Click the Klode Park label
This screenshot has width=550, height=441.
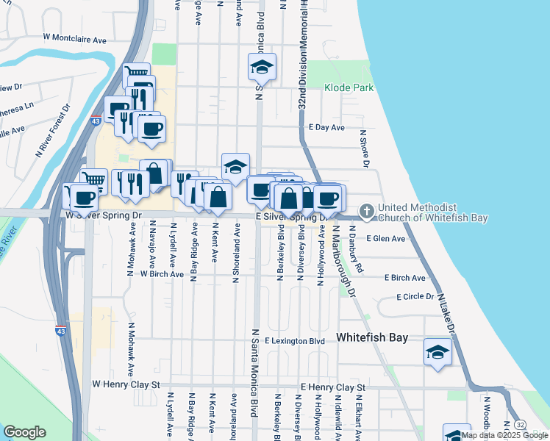click(x=349, y=87)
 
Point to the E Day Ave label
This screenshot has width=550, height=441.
click(x=326, y=127)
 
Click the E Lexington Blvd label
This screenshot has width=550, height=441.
click(x=295, y=341)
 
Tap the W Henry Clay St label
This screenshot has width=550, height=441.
click(x=126, y=384)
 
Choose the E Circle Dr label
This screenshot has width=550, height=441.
click(x=416, y=297)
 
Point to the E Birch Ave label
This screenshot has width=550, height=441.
click(x=404, y=278)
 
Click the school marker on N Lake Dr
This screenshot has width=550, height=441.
click(x=438, y=351)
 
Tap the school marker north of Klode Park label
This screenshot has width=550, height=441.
click(x=262, y=68)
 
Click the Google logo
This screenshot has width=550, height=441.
click(x=24, y=431)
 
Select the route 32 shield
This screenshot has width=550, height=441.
click(x=521, y=425)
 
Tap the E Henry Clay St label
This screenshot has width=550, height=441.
click(x=333, y=387)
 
